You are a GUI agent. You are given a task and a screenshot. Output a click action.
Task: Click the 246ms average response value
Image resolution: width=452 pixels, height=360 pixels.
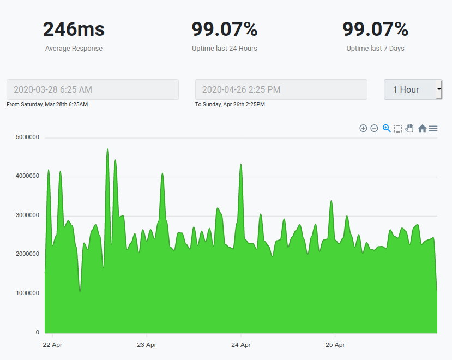[x=74, y=29]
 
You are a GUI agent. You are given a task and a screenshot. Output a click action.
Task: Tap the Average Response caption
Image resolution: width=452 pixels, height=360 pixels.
[x=74, y=49]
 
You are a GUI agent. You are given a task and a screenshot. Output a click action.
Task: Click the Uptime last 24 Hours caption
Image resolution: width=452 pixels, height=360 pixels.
[x=225, y=49]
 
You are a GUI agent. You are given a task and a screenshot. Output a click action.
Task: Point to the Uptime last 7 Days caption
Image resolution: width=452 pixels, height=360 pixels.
[x=375, y=49]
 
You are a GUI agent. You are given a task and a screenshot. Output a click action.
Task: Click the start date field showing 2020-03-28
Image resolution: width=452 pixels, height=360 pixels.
[x=93, y=89]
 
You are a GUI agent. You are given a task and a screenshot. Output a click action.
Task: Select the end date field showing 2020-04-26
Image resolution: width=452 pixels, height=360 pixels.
[x=281, y=89]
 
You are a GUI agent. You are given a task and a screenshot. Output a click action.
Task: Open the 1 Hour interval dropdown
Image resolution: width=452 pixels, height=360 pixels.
[x=413, y=89]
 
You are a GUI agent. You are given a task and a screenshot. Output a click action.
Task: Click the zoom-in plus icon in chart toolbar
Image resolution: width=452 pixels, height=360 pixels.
[x=363, y=128]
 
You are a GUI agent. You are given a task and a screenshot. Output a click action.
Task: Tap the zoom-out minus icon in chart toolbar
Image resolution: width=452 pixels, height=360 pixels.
[x=374, y=128]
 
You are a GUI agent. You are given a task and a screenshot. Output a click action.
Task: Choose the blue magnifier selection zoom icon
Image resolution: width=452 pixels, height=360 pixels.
[x=387, y=128]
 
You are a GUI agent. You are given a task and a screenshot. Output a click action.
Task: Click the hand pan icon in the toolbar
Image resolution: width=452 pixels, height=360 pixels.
[x=409, y=128]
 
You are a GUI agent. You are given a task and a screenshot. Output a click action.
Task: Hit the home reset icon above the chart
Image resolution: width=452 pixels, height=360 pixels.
[x=422, y=128]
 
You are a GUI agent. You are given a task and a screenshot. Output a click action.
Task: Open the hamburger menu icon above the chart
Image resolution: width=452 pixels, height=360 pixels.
[x=433, y=128]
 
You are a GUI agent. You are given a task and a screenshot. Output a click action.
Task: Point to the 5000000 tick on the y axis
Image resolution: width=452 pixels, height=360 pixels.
[x=26, y=137]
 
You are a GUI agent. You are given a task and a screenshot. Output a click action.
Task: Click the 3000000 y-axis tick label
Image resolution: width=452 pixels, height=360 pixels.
[x=26, y=215]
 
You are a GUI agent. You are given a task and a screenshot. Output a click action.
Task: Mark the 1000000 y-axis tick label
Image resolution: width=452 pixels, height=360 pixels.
[x=26, y=293]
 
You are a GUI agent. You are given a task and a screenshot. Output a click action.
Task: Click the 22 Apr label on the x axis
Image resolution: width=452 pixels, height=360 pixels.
[x=53, y=345]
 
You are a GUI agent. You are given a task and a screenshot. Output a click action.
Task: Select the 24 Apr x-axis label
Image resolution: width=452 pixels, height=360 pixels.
[x=241, y=345]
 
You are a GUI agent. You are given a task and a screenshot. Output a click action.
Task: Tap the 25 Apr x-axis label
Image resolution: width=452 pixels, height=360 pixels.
[x=335, y=345]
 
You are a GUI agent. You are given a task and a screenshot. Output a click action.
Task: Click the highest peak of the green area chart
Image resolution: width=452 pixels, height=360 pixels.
[x=107, y=149]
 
